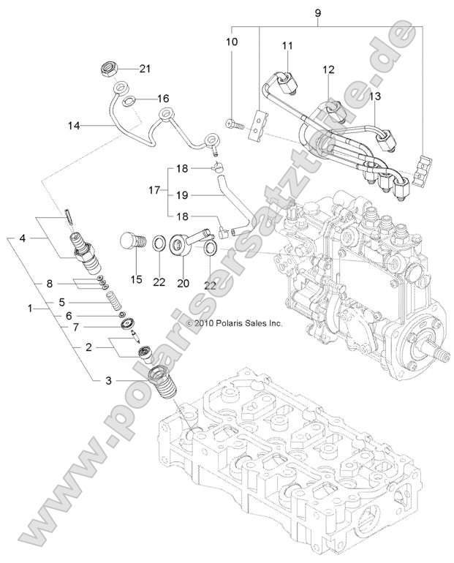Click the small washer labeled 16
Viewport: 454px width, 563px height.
coord(129,99)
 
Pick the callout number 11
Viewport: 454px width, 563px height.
coord(287,45)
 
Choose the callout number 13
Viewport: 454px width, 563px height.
coord(375,96)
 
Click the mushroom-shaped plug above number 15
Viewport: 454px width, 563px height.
coord(130,241)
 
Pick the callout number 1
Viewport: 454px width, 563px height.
coord(29,309)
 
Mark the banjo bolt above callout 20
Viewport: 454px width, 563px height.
coord(195,238)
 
